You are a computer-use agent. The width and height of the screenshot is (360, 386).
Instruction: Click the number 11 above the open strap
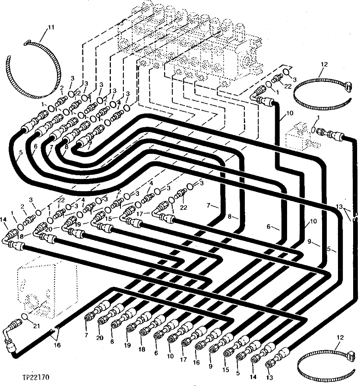coord(51,27)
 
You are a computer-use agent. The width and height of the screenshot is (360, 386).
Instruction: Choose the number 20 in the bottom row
coord(100,338)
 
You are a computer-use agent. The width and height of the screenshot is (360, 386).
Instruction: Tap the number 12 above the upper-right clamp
coord(324,65)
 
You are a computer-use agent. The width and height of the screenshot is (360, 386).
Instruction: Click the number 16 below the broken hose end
coord(57,345)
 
